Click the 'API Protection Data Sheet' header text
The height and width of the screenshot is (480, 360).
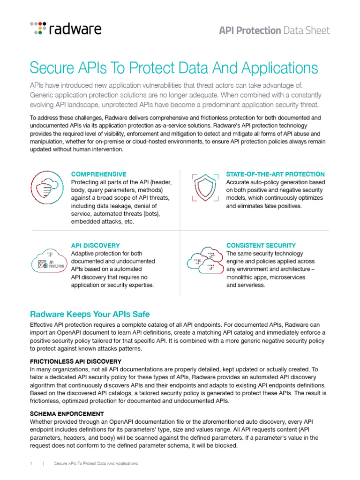(x=274, y=30)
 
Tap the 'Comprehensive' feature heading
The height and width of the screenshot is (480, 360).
(x=98, y=174)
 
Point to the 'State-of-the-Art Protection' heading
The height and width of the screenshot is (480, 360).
(x=275, y=174)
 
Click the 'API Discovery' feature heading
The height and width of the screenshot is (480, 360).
(x=95, y=245)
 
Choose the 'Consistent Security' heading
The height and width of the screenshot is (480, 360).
(x=261, y=245)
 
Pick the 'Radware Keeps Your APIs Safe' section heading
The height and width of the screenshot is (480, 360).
(x=90, y=314)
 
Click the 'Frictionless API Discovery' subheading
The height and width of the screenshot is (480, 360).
(x=75, y=361)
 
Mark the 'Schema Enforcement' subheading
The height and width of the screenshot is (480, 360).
(x=67, y=413)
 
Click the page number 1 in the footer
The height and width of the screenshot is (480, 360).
(x=30, y=464)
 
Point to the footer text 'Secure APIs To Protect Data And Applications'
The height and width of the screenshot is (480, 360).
(x=96, y=464)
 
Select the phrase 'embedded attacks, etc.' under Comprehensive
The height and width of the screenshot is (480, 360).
(x=102, y=222)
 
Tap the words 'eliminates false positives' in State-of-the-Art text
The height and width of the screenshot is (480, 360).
(x=270, y=206)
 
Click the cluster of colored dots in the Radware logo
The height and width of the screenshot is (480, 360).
(x=38, y=28)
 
